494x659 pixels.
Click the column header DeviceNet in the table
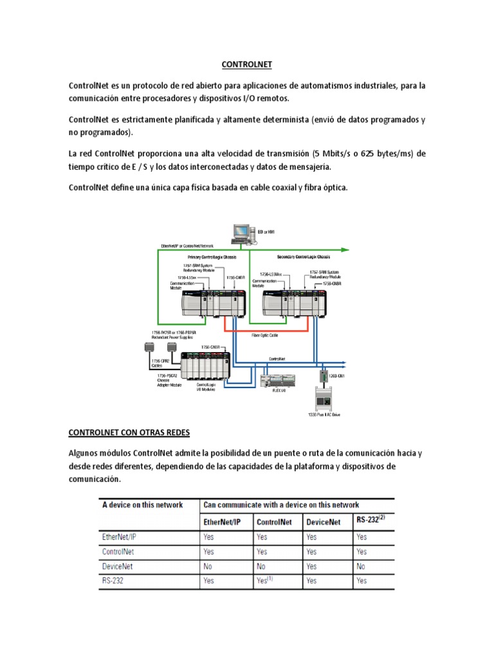(x=324, y=523)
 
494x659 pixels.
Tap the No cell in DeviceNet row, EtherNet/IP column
(x=208, y=566)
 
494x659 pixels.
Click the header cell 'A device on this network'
(x=143, y=505)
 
